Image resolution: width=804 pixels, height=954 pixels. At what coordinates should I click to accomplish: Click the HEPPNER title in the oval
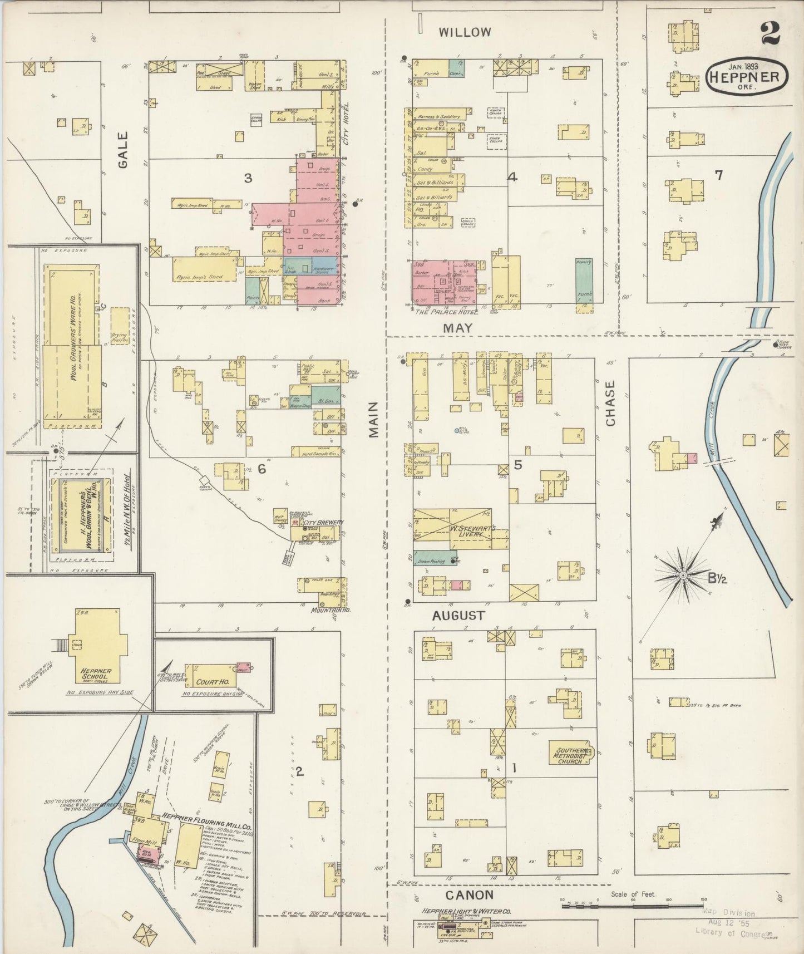click(x=747, y=77)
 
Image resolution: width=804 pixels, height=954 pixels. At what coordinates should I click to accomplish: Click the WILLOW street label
click(x=465, y=32)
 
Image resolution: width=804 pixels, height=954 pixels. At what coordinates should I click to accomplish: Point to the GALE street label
click(x=122, y=150)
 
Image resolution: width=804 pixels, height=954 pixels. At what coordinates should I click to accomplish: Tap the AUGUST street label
click(x=459, y=616)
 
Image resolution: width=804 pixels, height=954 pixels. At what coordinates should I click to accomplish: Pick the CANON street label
click(x=470, y=895)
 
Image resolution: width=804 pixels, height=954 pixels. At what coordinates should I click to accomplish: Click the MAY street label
click(x=457, y=328)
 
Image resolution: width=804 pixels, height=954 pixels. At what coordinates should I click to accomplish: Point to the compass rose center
click(x=682, y=573)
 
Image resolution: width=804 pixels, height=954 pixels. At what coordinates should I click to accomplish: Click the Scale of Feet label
click(x=633, y=894)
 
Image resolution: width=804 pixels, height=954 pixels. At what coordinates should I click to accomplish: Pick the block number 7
click(x=718, y=175)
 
